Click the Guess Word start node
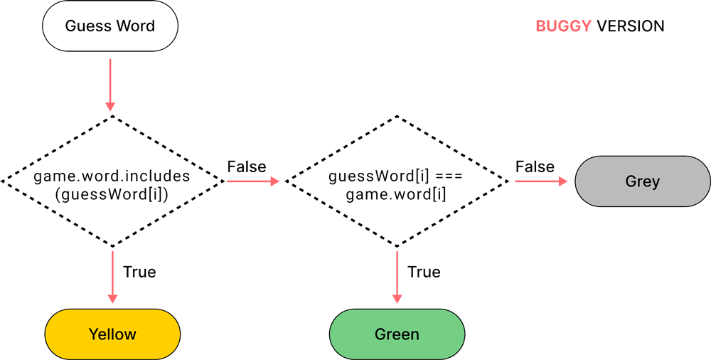(x=110, y=27)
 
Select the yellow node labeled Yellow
(x=112, y=334)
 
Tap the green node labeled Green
(x=397, y=334)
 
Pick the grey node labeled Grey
(x=642, y=181)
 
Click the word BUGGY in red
(x=563, y=26)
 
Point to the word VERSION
(x=631, y=26)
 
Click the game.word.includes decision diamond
(x=112, y=181)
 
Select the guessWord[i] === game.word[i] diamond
(x=397, y=181)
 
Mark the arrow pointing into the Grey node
(x=544, y=181)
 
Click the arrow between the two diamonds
(x=252, y=181)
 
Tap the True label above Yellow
(x=139, y=272)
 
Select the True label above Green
(x=424, y=272)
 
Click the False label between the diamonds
(x=247, y=167)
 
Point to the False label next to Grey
(x=535, y=167)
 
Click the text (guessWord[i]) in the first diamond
(x=112, y=194)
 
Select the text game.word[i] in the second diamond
(x=396, y=194)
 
